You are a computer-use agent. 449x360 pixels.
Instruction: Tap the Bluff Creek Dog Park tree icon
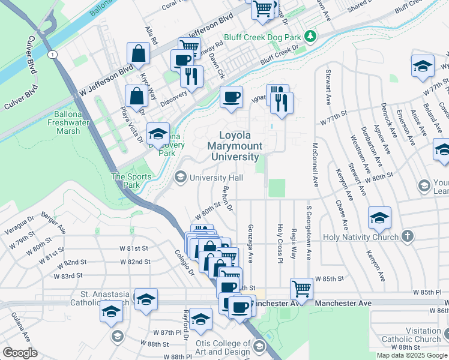click(310, 37)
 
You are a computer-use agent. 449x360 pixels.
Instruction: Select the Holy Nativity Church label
click(360, 237)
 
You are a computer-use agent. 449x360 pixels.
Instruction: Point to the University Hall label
click(216, 178)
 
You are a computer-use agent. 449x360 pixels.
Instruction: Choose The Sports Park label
click(127, 181)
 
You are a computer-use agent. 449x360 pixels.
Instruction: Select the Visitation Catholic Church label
click(415, 335)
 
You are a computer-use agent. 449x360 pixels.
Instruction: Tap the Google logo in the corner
click(20, 353)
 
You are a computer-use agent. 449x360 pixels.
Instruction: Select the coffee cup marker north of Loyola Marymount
click(231, 97)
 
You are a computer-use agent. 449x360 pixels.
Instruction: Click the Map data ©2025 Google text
click(412, 355)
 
